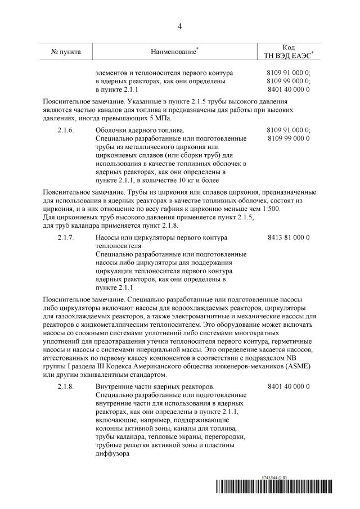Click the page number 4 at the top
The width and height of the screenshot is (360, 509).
point(180,26)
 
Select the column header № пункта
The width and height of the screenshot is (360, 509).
point(66,52)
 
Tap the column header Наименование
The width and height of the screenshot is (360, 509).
point(174,52)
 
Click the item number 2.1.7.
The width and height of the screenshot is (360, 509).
point(66,237)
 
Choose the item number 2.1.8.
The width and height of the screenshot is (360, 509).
point(66,388)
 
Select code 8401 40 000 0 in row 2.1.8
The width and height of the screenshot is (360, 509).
point(289,388)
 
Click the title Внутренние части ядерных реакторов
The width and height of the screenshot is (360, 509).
point(155,388)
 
